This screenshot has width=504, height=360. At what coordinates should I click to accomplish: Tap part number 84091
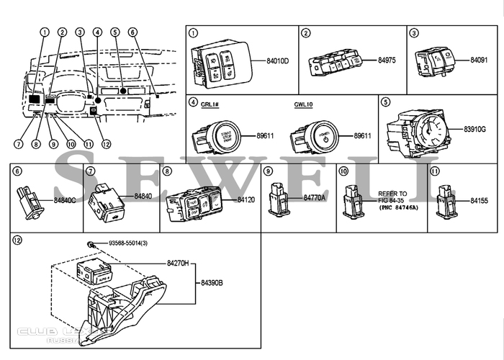479,61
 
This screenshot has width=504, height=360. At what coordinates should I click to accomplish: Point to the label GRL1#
211,104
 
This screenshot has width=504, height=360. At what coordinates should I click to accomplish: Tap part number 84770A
315,197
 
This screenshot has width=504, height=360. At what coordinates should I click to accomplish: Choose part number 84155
479,201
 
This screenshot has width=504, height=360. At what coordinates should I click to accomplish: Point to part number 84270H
177,264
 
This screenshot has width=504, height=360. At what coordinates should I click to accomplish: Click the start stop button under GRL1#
219,135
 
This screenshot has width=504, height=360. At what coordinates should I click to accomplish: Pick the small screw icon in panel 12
91,246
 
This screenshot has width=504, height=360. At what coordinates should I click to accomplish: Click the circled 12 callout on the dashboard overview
107,143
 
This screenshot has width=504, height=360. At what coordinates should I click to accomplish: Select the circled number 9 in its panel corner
268,171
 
